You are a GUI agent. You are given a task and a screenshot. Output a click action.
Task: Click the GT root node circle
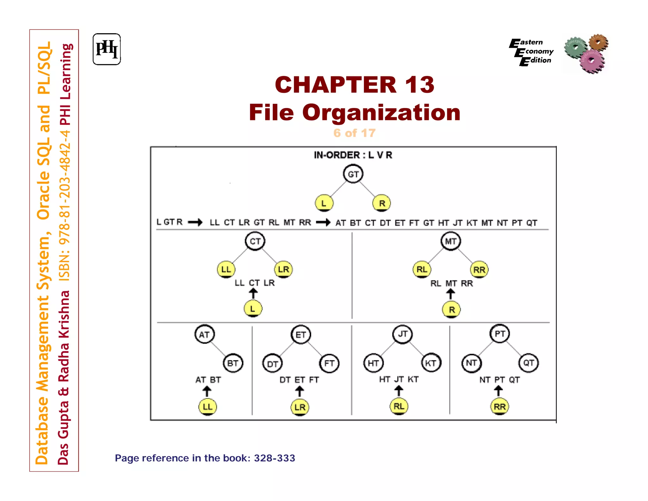(353, 174)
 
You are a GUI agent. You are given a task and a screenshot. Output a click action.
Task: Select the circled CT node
(255, 241)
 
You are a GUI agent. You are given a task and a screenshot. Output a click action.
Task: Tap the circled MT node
(451, 241)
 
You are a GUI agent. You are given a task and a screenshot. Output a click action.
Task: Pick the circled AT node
(204, 334)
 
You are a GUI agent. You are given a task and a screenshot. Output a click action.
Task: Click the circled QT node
(528, 363)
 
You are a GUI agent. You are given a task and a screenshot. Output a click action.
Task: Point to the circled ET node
(301, 334)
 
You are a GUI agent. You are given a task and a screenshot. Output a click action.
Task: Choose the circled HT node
(373, 363)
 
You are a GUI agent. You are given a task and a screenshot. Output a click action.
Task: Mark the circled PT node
(500, 334)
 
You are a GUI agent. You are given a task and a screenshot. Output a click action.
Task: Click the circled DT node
(272, 364)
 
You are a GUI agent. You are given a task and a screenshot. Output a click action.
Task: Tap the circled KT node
(431, 363)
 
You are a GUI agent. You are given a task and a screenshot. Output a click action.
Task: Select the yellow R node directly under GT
(382, 203)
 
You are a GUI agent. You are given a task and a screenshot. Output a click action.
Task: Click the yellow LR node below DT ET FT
(300, 407)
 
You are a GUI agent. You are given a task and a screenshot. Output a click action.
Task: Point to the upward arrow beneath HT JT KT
(399, 391)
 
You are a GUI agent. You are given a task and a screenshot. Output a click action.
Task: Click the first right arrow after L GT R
(195, 222)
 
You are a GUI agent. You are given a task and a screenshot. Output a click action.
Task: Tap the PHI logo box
(107, 49)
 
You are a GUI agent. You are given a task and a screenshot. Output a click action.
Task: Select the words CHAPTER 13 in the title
(354, 85)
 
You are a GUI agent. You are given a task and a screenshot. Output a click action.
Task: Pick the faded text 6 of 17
(354, 133)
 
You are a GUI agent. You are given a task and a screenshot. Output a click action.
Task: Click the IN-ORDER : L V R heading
(353, 155)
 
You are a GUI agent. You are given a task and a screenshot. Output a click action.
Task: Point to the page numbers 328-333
(274, 458)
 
